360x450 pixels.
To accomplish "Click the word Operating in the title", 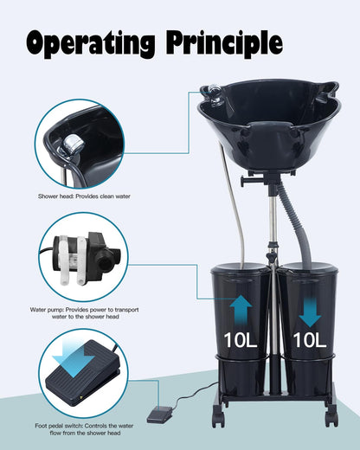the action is click(91, 44).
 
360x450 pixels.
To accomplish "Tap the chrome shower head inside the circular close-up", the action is click(73, 145).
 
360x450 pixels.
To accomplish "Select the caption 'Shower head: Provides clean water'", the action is click(84, 196).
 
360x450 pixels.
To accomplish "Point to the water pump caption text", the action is click(85, 313).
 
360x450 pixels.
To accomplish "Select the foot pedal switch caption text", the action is click(85, 429).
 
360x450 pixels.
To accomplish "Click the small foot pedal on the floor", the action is click(157, 415).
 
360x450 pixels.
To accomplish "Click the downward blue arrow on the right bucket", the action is click(310, 312).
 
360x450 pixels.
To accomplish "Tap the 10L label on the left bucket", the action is click(241, 340).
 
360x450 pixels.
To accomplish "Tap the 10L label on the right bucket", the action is click(310, 340).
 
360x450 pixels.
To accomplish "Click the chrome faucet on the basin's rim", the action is click(214, 93).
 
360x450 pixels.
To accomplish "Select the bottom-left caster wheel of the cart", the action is click(218, 415).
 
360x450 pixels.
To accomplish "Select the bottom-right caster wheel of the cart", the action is click(331, 415).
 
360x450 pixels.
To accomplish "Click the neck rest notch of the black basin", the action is click(269, 128).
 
